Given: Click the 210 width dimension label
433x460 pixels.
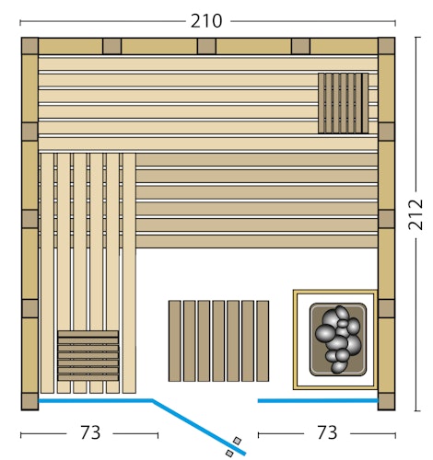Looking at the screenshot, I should [207, 19].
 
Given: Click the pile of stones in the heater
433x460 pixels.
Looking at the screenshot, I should [338, 338].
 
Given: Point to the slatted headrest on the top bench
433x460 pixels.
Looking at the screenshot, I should [343, 104].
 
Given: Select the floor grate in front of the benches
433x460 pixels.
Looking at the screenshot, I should [218, 340].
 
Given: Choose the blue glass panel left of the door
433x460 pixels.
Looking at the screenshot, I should [95, 401].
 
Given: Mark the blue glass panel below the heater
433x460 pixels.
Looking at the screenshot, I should [318, 401].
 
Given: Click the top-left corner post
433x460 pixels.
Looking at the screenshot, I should [29, 46].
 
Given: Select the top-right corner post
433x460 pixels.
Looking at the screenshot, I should [386, 46].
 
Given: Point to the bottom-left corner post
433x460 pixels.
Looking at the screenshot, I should [29, 401].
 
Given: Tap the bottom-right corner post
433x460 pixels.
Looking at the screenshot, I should [386, 401].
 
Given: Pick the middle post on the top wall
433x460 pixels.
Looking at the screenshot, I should [206, 46].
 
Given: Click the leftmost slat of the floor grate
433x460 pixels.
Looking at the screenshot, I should [174, 340].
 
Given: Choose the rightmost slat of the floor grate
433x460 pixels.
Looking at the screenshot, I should [263, 340].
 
